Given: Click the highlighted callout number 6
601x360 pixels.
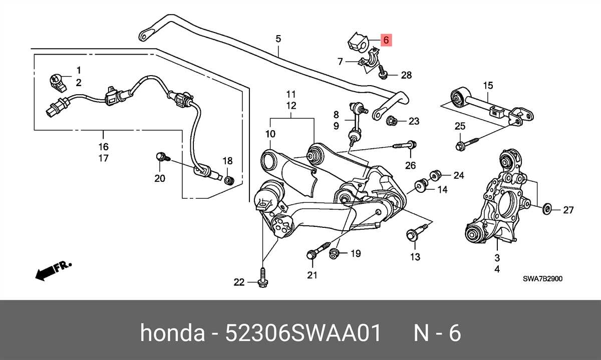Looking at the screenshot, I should pos(386,40).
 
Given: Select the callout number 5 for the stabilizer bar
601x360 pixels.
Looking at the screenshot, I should pos(278,39).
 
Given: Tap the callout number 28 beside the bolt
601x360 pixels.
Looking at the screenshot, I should pos(406,75).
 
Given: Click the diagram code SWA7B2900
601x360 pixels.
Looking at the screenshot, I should pos(543,279).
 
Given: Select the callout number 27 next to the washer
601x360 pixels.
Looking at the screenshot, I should pos(568,210).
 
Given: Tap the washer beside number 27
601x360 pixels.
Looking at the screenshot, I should pos(547,207).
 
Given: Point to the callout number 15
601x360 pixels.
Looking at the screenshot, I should pos(488,86).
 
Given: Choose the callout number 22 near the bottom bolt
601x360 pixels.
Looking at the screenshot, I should pos(239,283).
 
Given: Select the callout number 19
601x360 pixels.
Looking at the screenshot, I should pos(355,254).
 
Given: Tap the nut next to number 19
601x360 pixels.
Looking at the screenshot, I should pos(334,254).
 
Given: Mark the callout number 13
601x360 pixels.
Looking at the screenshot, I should pos(415,257).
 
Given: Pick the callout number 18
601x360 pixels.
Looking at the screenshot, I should pos(227,161).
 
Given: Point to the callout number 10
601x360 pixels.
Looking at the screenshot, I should pos(270,134).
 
